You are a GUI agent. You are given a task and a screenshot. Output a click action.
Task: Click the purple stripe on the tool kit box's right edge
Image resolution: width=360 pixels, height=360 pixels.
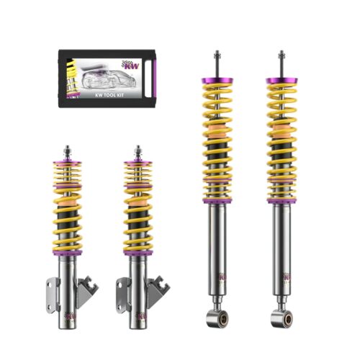pyautogui.click(x=148, y=78)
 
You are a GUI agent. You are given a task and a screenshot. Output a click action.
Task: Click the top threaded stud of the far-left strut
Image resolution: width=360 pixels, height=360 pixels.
pyautogui.click(x=67, y=150)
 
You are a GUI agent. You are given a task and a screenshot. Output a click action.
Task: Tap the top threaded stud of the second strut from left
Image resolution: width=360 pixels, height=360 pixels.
pyautogui.click(x=137, y=150)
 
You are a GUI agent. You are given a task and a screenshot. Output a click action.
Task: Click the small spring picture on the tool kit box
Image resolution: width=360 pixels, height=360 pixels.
pyautogui.click(x=71, y=76)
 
